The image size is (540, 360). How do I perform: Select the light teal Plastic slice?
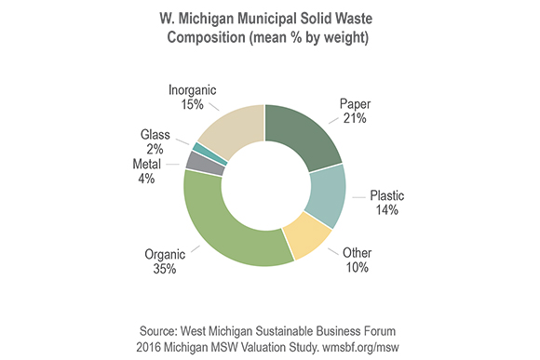click(327, 196)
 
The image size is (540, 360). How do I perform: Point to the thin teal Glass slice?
click(210, 153)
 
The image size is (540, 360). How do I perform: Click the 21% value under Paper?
click(355, 118)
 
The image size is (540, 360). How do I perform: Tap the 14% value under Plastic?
click(386, 210)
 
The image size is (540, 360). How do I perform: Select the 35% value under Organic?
click(165, 269)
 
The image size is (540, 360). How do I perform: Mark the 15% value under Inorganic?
click(192, 104)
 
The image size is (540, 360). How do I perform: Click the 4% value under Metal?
click(146, 179)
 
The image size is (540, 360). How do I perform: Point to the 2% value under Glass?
click(155, 150)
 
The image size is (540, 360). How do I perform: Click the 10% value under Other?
click(358, 267)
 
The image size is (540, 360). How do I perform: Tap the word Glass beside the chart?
click(155, 135)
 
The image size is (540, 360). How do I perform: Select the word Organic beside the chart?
click(165, 255)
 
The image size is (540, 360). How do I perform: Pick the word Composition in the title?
click(207, 37)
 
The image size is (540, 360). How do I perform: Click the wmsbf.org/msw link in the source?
click(360, 347)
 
